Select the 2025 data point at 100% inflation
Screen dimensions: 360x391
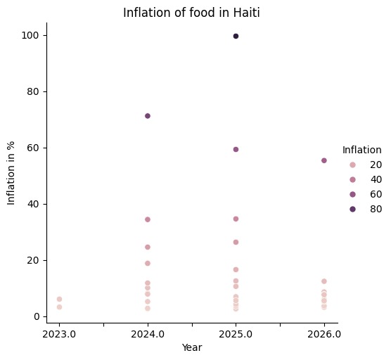point(236,36)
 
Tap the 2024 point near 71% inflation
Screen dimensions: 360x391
point(148,116)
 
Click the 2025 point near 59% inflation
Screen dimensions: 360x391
point(236,149)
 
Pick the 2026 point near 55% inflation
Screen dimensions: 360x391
point(323,160)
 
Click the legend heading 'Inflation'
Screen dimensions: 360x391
point(361,150)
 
